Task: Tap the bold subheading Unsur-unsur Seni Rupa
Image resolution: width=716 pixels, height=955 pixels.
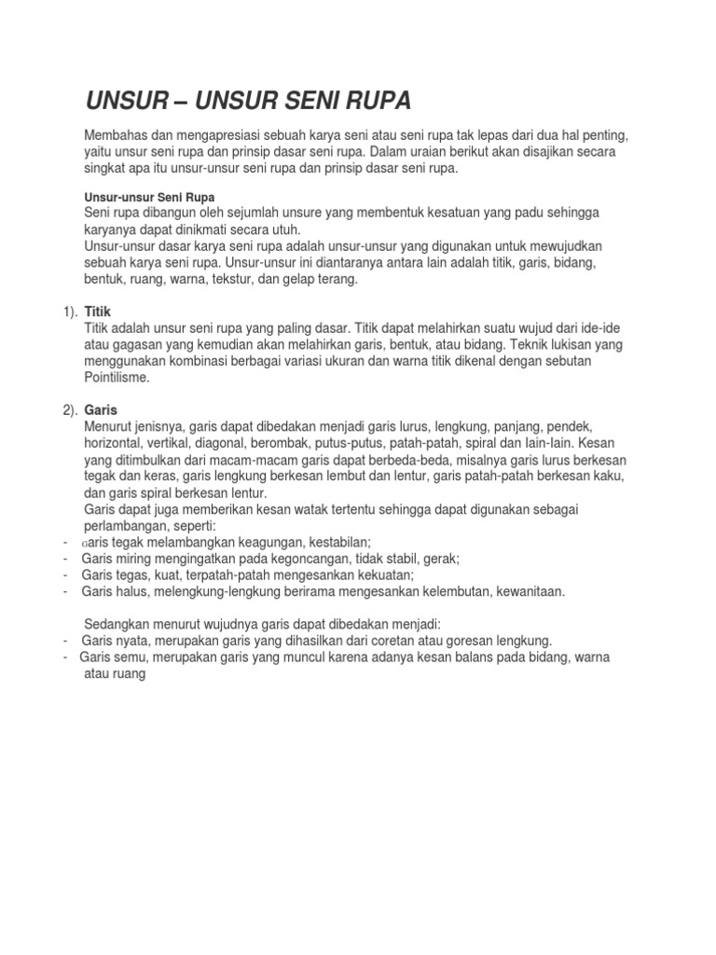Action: click(149, 198)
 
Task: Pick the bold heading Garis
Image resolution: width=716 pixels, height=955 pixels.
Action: click(102, 409)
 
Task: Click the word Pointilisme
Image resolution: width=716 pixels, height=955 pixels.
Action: click(117, 378)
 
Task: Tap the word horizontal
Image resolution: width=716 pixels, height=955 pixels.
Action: click(117, 442)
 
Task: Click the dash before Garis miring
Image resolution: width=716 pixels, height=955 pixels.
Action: click(65, 559)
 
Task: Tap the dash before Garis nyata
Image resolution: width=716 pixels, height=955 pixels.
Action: click(65, 641)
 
